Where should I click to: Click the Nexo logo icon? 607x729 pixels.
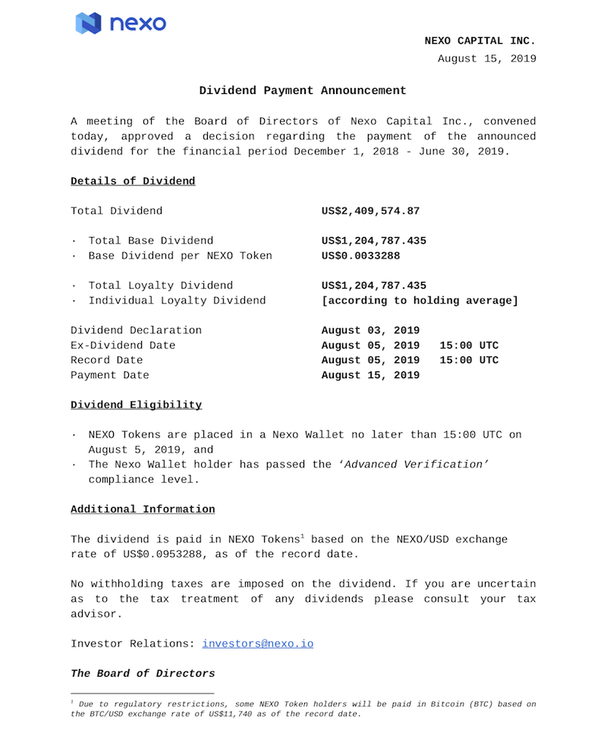pyautogui.click(x=88, y=23)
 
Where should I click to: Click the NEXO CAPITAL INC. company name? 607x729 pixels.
pyautogui.click(x=480, y=41)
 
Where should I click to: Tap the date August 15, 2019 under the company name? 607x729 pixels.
pyautogui.click(x=486, y=58)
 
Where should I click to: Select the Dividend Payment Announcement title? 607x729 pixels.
pyautogui.click(x=303, y=90)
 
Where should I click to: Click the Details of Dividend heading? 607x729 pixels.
pyautogui.click(x=133, y=181)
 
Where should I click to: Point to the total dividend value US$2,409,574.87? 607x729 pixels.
pyautogui.click(x=370, y=211)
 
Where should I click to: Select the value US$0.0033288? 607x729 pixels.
pyautogui.click(x=360, y=255)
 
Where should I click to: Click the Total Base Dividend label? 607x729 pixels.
pyautogui.click(x=151, y=241)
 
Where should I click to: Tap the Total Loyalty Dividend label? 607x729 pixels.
pyautogui.click(x=161, y=286)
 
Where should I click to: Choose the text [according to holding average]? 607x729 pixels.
pyautogui.click(x=420, y=301)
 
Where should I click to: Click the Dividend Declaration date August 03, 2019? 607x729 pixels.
pyautogui.click(x=370, y=330)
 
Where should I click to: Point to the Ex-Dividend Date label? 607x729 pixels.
pyautogui.click(x=123, y=346)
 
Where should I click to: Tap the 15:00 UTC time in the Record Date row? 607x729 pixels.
pyautogui.click(x=469, y=360)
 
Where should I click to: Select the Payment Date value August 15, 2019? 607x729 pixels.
pyautogui.click(x=370, y=375)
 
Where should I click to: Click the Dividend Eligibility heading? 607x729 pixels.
pyautogui.click(x=137, y=405)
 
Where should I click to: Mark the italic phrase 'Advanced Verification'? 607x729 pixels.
pyautogui.click(x=413, y=465)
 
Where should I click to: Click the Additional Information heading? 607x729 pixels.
pyautogui.click(x=143, y=509)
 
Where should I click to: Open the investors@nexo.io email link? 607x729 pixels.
pyautogui.click(x=257, y=643)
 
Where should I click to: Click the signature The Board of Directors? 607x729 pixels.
pyautogui.click(x=143, y=673)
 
